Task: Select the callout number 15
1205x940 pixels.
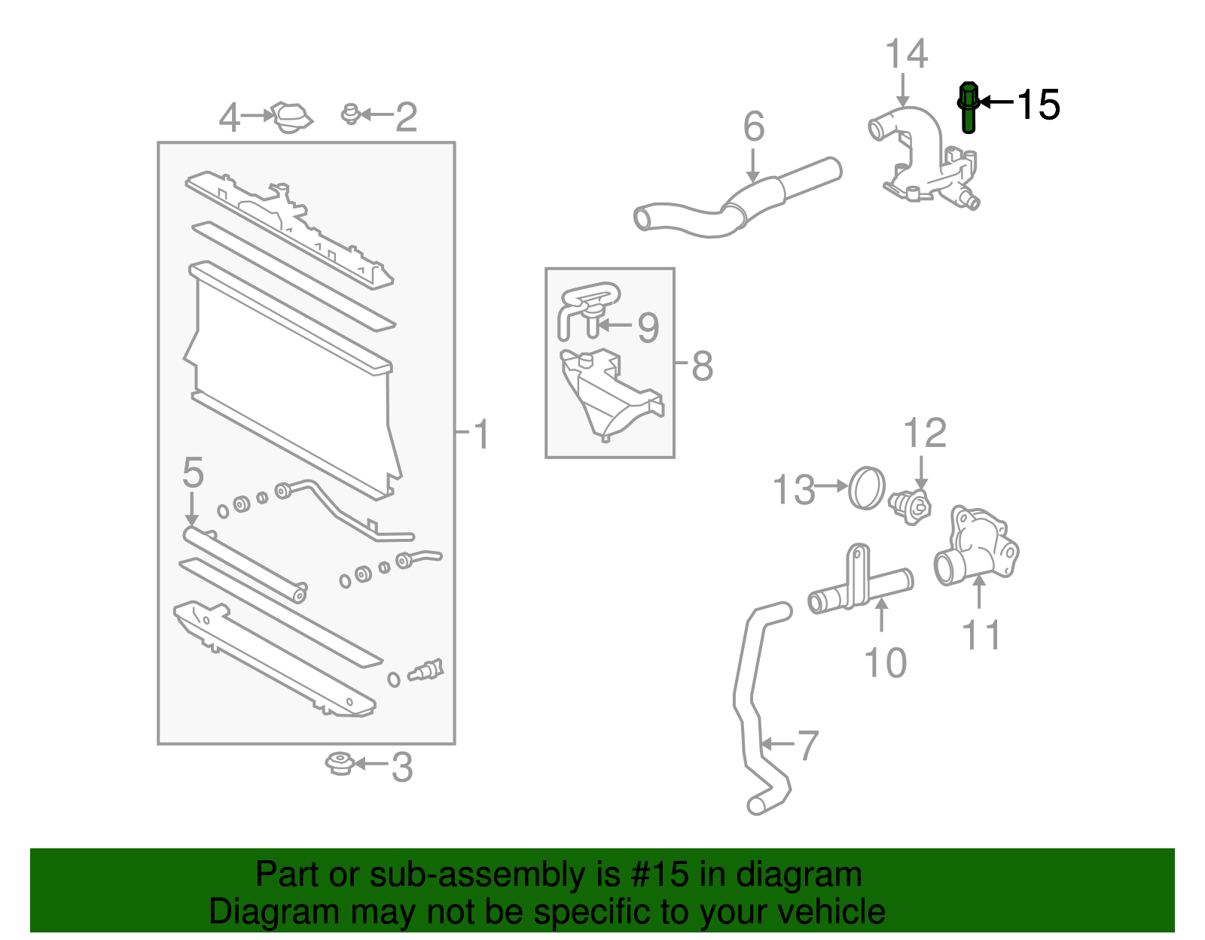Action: pos(1039,105)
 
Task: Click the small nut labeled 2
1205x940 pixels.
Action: pos(349,114)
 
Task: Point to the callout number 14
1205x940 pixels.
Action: pos(906,54)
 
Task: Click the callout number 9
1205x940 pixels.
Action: pos(648,327)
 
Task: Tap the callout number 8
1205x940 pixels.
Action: pos(701,367)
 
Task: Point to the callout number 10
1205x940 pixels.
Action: pos(885,663)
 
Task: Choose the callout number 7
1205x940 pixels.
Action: pos(807,745)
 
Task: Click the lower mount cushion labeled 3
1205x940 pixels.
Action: pos(340,764)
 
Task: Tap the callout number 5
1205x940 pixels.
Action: pos(193,473)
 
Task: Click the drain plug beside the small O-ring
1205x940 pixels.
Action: pos(426,670)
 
